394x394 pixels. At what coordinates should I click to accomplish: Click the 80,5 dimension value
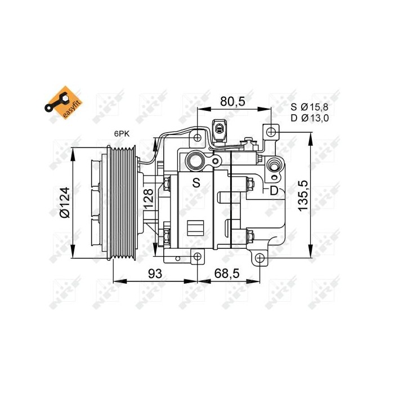coord(232,101)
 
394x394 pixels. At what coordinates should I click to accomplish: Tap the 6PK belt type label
coord(121,134)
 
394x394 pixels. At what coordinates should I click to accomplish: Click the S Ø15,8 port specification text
coord(310,106)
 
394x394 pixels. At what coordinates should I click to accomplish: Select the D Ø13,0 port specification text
coord(310,118)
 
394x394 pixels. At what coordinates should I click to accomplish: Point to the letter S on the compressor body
coord(196,182)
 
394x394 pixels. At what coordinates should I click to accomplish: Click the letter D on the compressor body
coord(274,190)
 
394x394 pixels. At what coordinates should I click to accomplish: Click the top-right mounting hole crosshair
coord(271,132)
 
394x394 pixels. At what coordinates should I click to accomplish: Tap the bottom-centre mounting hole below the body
coord(197,257)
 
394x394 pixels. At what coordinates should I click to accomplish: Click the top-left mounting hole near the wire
coord(197,138)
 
